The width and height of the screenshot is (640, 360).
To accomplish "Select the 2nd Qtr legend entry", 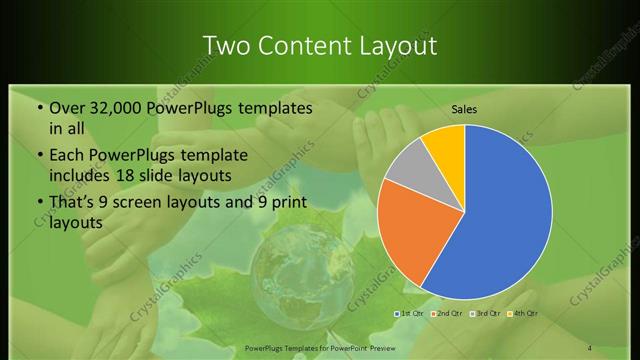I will [447, 314].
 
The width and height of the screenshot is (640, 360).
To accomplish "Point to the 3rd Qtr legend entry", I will [484, 314].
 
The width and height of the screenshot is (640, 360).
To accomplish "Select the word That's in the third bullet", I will [73, 203].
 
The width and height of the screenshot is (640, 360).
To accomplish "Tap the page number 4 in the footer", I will [589, 346].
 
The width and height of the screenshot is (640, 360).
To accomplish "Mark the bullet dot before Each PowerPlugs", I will [39, 156].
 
